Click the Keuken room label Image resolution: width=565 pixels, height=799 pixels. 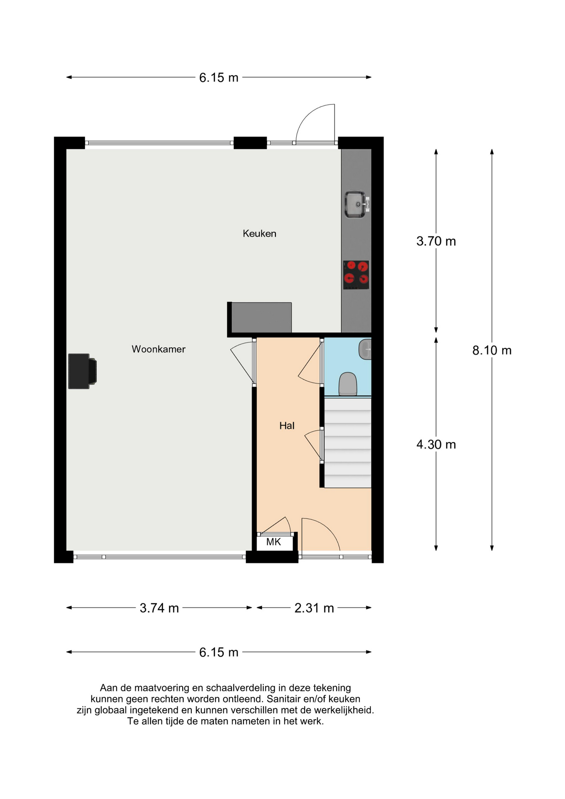[259, 233]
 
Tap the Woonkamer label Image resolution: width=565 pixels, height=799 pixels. [159, 349]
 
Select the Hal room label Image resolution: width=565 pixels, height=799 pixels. [287, 426]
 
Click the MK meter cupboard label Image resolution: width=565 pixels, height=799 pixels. [273, 542]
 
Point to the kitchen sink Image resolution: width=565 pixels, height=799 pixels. [356, 204]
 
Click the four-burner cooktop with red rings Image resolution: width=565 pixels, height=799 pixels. [356, 275]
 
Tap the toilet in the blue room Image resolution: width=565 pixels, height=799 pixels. [348, 384]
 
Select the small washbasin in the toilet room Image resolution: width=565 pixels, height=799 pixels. [365, 349]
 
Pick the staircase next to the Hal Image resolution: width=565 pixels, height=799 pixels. [347, 443]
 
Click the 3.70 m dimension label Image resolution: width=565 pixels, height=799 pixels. [436, 241]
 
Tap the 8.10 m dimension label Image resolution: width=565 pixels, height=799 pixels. [491, 350]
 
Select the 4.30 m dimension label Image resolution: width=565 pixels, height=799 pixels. [436, 444]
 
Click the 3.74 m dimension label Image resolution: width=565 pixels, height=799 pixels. [159, 608]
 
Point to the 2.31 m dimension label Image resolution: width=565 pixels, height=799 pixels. [314, 608]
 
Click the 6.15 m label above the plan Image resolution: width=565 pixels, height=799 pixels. [218, 78]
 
